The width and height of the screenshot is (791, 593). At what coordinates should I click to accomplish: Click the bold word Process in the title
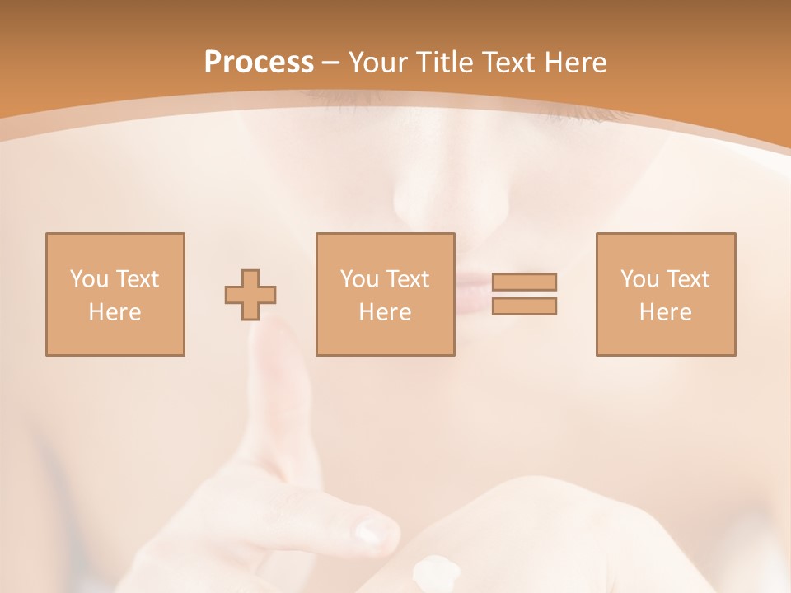259,63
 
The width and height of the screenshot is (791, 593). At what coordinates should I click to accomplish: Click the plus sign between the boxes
250,295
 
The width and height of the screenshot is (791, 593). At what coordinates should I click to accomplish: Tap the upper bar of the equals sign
524,282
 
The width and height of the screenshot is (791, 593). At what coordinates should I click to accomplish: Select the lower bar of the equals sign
524,306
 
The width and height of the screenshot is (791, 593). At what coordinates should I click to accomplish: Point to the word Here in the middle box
385,312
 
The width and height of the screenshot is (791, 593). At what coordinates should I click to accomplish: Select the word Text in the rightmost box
688,279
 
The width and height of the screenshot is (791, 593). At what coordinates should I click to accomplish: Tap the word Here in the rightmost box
666,312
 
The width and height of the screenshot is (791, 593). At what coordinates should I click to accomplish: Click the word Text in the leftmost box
137,279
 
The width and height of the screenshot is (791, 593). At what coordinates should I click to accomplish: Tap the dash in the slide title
331,63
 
